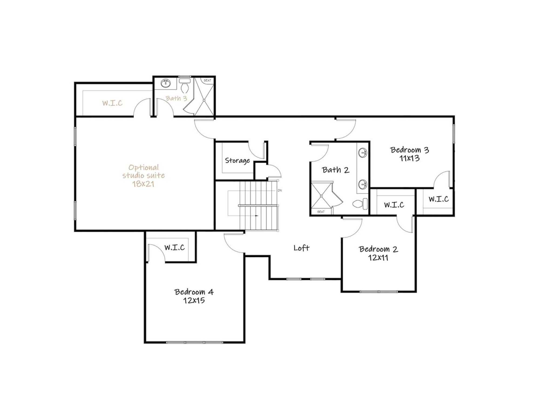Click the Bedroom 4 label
click(x=194, y=292)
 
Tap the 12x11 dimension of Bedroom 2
click(x=378, y=258)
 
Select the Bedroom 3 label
click(x=410, y=150)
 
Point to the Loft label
click(x=302, y=248)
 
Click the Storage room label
click(x=237, y=161)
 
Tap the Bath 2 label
click(x=336, y=170)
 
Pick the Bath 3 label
click(x=176, y=98)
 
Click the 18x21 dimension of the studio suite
click(x=143, y=184)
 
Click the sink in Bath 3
click(x=165, y=83)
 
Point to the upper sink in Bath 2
click(x=363, y=153)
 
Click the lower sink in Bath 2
click(x=363, y=185)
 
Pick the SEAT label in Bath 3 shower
click(x=207, y=81)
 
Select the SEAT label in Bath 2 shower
click(x=321, y=212)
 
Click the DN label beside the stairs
click(x=280, y=191)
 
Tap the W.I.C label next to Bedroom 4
click(x=174, y=247)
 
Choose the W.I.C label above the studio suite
click(x=112, y=103)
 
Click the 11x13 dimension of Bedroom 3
click(x=410, y=158)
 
